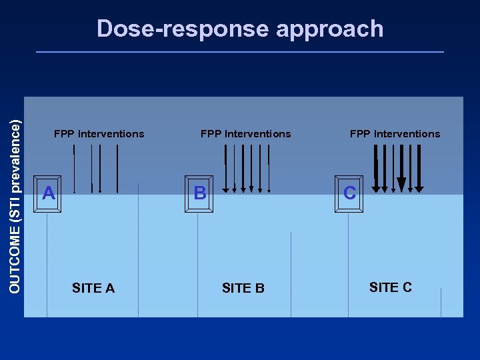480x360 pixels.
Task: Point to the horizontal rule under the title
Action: pyautogui.click(x=239, y=52)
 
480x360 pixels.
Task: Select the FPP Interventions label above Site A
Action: pyautogui.click(x=99, y=134)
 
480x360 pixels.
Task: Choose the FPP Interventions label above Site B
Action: pyautogui.click(x=245, y=134)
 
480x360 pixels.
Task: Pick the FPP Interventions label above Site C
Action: pyautogui.click(x=395, y=134)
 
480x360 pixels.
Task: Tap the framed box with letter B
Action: pyautogui.click(x=199, y=194)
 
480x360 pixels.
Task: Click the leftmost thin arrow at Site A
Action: pyautogui.click(x=74, y=168)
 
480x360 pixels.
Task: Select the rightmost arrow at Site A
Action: pyautogui.click(x=117, y=168)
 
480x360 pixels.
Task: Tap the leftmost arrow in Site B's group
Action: pyautogui.click(x=226, y=168)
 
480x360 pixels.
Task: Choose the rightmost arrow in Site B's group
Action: pyautogui.click(x=268, y=168)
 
